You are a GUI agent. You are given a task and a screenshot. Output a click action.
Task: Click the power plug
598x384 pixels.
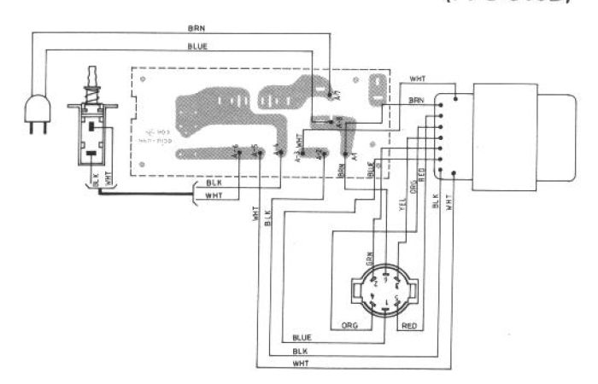pyautogui.click(x=36, y=113)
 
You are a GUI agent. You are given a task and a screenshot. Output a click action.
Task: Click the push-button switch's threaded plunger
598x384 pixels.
pyautogui.click(x=91, y=81)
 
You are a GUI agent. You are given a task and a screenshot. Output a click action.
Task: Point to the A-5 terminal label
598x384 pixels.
pyautogui.click(x=255, y=150)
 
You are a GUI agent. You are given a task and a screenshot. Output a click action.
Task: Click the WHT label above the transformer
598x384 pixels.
pyautogui.click(x=418, y=79)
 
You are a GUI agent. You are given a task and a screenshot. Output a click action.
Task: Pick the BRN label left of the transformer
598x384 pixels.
pyautogui.click(x=416, y=101)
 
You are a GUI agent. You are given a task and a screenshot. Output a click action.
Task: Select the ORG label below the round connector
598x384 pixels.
pyautogui.click(x=349, y=324)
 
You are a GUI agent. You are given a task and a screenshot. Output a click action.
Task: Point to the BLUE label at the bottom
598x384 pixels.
pyautogui.click(x=301, y=337)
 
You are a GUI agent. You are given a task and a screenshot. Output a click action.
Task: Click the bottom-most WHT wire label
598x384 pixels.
pyautogui.click(x=300, y=363)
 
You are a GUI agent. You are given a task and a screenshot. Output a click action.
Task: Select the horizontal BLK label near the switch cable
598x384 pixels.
pyautogui.click(x=214, y=183)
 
